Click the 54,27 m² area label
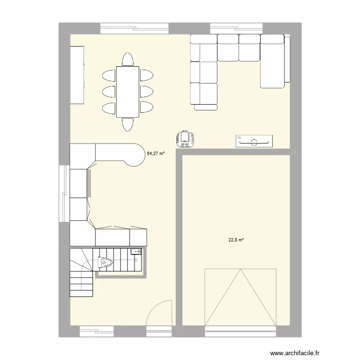(x=156, y=154)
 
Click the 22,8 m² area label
(x=236, y=240)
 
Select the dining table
(x=127, y=91)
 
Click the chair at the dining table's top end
(x=128, y=60)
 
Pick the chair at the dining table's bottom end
(x=128, y=124)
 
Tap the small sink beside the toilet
(x=136, y=252)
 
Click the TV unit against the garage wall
(x=254, y=141)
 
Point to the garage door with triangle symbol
(x=241, y=297)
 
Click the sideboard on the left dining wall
(x=77, y=74)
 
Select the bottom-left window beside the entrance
(x=96, y=330)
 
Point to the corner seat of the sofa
(x=204, y=50)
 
